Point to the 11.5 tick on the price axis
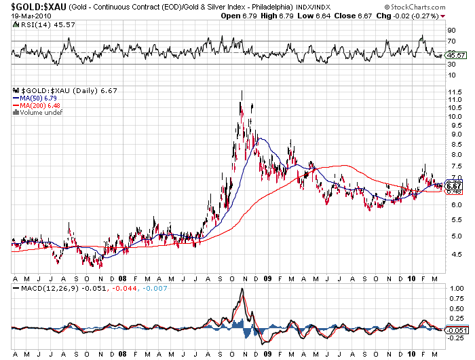[x=455, y=100]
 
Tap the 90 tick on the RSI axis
[x=451, y=31]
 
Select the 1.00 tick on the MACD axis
[x=455, y=288]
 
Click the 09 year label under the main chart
[x=268, y=278]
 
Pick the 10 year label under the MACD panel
[x=413, y=354]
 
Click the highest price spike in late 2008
[x=242, y=92]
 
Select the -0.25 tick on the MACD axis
[x=455, y=338]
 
